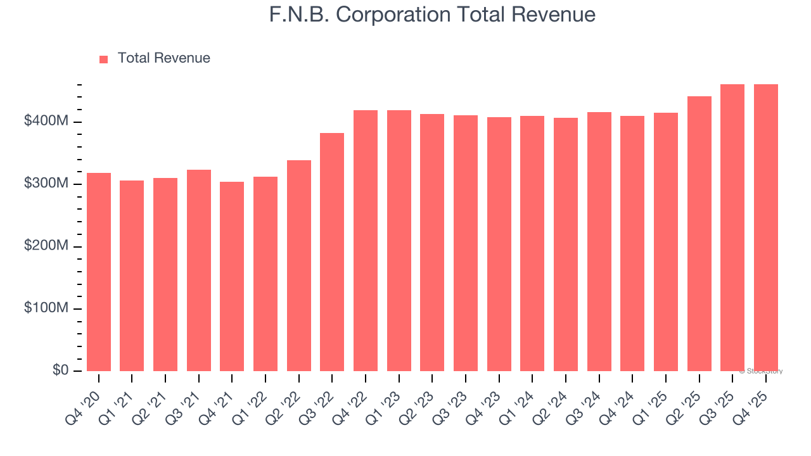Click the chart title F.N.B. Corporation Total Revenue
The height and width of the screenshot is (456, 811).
pos(432,15)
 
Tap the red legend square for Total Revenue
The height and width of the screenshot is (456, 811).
pos(104,59)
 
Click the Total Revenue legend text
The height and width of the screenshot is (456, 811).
pos(163,58)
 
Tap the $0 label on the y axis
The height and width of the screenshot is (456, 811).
pos(61,370)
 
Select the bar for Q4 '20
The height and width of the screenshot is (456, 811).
pos(99,272)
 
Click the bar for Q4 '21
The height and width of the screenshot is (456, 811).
pos(232,277)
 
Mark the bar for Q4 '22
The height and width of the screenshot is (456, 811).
pos(366,241)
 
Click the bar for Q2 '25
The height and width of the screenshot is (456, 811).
pos(699,234)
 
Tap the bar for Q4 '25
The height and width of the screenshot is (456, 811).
pos(766,228)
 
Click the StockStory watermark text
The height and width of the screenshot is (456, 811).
pos(761,371)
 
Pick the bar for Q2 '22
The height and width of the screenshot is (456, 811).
pos(299,266)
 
